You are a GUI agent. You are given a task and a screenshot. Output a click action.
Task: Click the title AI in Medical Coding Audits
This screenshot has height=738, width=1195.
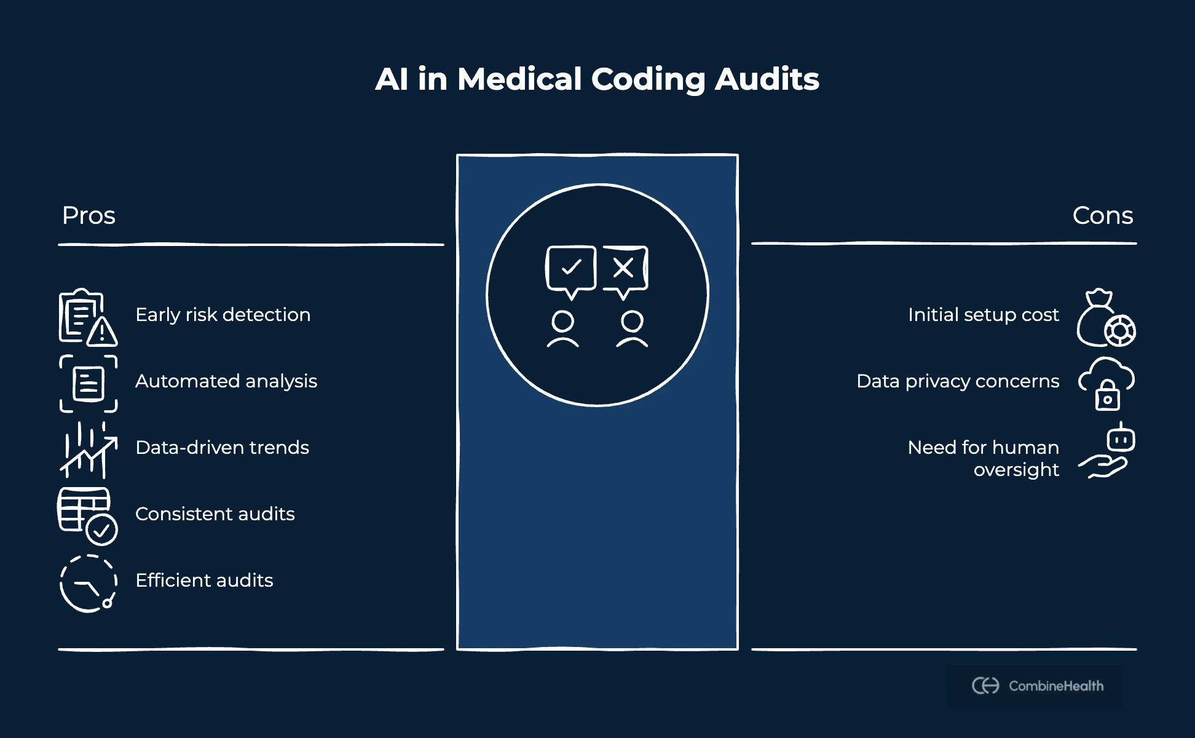point(597,79)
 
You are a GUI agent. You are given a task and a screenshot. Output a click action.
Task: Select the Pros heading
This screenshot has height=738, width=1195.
point(89,216)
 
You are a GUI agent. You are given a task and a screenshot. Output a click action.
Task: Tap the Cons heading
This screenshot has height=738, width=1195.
point(1102,216)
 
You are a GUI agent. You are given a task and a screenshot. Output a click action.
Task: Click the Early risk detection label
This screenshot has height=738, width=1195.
point(223,315)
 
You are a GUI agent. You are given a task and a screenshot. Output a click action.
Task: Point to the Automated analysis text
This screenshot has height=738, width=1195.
point(226,381)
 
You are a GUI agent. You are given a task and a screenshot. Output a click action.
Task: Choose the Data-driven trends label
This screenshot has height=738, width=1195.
point(222,448)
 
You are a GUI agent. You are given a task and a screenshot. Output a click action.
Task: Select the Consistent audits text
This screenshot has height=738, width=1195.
point(215,514)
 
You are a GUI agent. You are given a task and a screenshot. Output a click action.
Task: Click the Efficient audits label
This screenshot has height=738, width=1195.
point(204,581)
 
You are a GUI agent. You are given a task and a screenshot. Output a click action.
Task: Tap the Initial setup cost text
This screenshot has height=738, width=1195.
point(983,315)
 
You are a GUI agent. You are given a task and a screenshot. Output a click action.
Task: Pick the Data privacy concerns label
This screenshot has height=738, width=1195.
point(957,381)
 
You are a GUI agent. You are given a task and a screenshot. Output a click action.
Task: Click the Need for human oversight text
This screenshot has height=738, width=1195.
point(983,458)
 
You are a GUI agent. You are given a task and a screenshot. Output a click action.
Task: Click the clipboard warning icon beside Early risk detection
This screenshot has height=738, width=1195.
point(88,317)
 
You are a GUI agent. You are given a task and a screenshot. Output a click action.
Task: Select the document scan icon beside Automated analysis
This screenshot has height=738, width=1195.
point(89,383)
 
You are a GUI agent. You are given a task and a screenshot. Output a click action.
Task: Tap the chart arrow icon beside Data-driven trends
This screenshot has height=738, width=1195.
point(88,450)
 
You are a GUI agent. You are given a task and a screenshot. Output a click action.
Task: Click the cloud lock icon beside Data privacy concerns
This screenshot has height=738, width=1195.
point(1106,383)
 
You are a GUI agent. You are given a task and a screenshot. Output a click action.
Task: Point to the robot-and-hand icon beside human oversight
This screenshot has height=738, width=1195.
point(1107,451)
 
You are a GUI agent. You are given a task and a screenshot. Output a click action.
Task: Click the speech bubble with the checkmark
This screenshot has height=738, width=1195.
point(571,270)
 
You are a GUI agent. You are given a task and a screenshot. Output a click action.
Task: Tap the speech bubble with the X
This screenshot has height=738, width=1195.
point(625,270)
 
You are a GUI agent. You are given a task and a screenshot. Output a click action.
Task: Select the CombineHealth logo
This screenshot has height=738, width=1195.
point(1037,686)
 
